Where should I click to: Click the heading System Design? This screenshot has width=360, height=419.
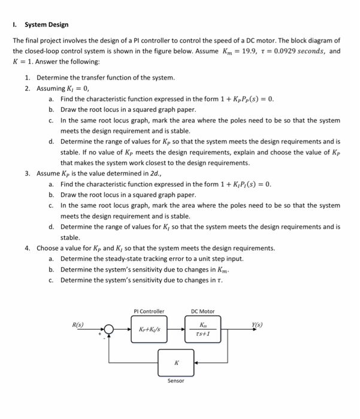[x=46, y=25]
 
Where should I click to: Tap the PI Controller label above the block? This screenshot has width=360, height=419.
[x=149, y=311]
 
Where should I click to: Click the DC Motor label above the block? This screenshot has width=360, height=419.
[x=202, y=311]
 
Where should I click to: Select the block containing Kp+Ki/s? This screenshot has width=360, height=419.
[x=149, y=330]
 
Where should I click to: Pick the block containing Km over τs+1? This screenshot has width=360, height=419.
[x=202, y=330]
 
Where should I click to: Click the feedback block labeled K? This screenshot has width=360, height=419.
[x=176, y=362]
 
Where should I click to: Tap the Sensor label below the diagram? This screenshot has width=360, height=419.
[x=176, y=381]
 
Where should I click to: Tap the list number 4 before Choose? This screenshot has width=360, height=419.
[x=28, y=248]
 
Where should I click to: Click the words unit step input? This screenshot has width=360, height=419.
[x=224, y=259]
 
